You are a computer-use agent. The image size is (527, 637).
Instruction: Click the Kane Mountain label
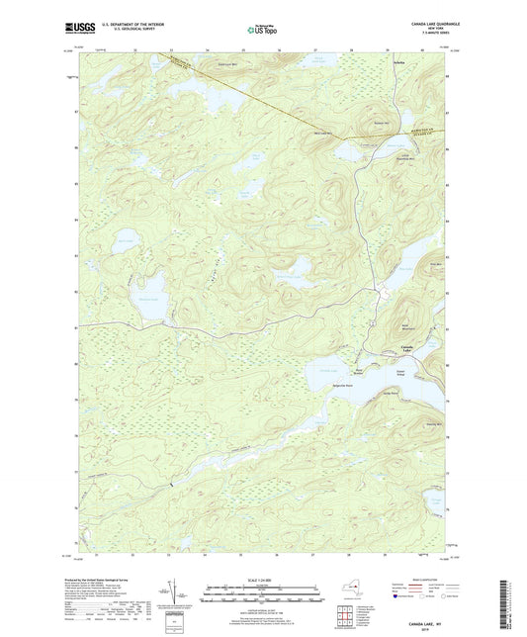[406, 330]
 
